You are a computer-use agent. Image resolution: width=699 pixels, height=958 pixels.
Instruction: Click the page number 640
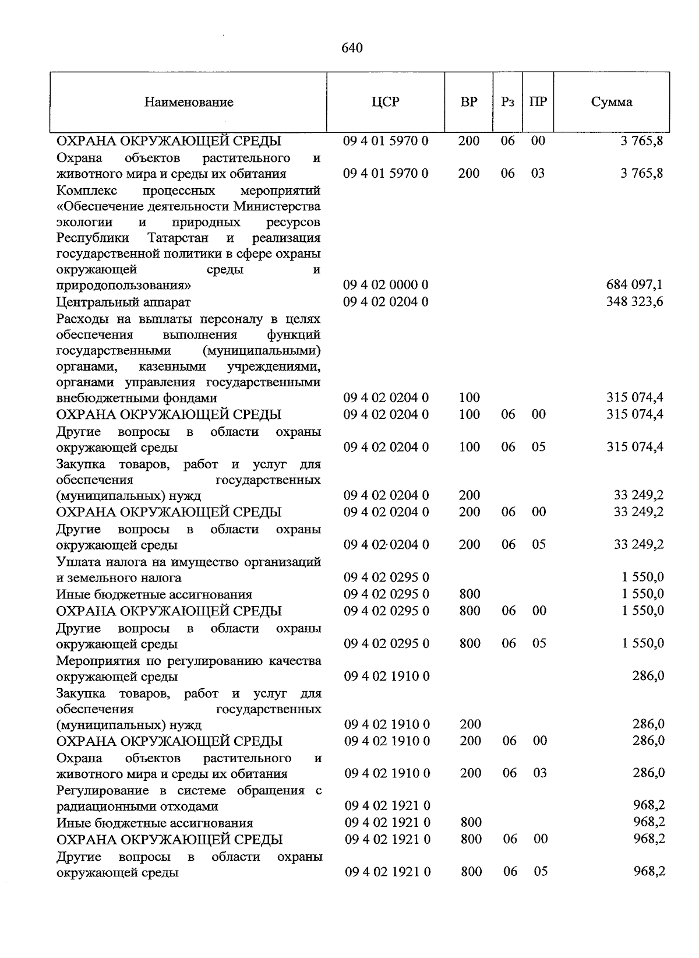coord(352,48)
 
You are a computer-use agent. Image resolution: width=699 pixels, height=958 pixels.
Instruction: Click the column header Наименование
coord(189,103)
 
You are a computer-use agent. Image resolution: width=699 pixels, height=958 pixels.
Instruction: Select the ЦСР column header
coord(386,102)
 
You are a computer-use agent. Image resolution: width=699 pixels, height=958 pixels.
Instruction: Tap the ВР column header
coord(469,102)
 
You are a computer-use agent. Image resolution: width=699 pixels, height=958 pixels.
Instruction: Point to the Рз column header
coord(507,102)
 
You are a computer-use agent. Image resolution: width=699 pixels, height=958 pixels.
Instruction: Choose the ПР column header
coord(538,102)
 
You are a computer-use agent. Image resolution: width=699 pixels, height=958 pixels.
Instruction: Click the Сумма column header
coord(612,102)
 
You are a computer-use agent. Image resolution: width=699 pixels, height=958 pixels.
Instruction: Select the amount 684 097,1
coord(634,285)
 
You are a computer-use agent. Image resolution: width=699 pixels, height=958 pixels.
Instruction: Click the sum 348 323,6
coord(634,302)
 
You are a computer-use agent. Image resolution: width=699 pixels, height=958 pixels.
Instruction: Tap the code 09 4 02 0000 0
coord(386,285)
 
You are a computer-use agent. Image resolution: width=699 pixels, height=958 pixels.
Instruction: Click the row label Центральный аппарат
coord(123,302)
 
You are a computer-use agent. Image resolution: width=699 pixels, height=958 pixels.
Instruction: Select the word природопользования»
coord(123,286)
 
